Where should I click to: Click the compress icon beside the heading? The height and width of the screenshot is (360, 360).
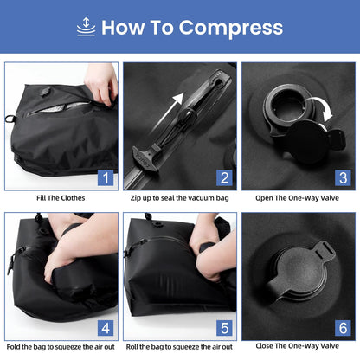[86, 27]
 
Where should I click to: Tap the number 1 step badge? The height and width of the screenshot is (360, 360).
[106, 179]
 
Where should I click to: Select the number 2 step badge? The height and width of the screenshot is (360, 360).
[224, 179]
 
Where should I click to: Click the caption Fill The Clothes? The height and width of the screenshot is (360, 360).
[61, 198]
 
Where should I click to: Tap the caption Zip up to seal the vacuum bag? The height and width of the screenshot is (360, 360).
[179, 198]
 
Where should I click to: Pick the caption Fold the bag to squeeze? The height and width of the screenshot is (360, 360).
[61, 346]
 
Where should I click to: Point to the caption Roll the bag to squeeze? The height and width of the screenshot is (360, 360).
[179, 346]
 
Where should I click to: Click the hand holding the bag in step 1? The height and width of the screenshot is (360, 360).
[102, 80]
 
